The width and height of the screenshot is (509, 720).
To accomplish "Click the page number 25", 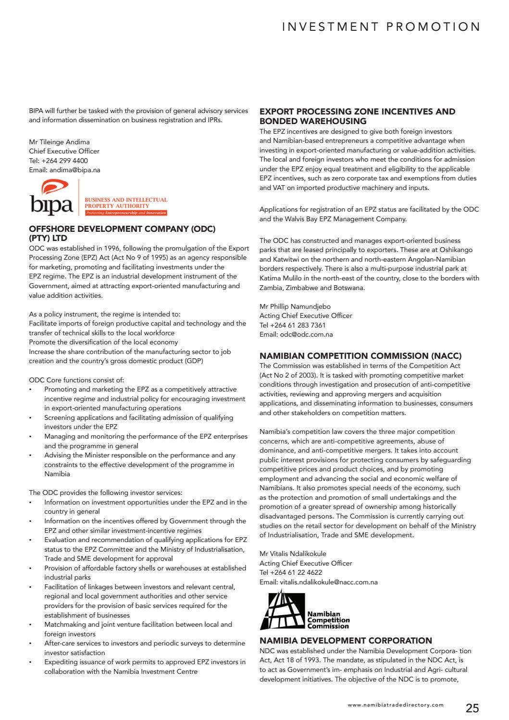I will (x=472, y=708).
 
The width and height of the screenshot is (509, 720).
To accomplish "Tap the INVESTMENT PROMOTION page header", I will (x=381, y=27).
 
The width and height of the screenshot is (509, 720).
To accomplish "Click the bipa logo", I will (x=99, y=198).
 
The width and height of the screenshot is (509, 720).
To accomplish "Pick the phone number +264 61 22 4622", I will (x=296, y=572).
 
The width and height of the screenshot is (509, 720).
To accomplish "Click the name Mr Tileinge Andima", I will (x=59, y=142).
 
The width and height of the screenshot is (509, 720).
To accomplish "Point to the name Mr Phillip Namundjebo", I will (x=295, y=306).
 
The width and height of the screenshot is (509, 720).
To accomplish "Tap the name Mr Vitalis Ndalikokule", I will (x=293, y=554).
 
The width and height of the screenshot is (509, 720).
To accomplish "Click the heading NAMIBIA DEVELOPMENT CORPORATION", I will (x=346, y=641).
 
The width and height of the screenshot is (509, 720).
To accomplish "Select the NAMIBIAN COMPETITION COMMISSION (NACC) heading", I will (x=360, y=356).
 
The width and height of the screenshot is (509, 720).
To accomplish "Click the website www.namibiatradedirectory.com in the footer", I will (x=396, y=705).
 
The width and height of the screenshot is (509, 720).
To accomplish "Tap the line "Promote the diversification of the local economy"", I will (x=103, y=342).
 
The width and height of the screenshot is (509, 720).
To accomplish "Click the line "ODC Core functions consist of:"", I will (x=76, y=380).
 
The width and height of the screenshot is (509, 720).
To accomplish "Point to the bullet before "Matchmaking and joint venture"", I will (x=31, y=625).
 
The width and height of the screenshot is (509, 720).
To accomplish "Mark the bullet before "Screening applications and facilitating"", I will (x=31, y=418).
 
